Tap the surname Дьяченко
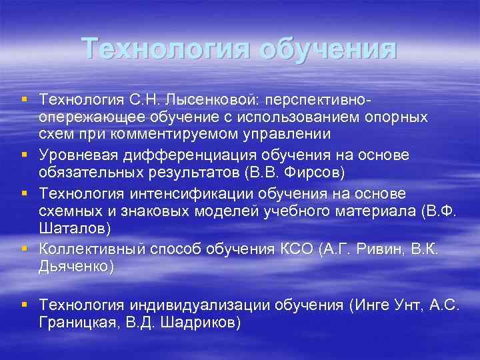point(74,267)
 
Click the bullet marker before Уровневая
point(25,155)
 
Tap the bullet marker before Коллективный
point(25,250)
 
